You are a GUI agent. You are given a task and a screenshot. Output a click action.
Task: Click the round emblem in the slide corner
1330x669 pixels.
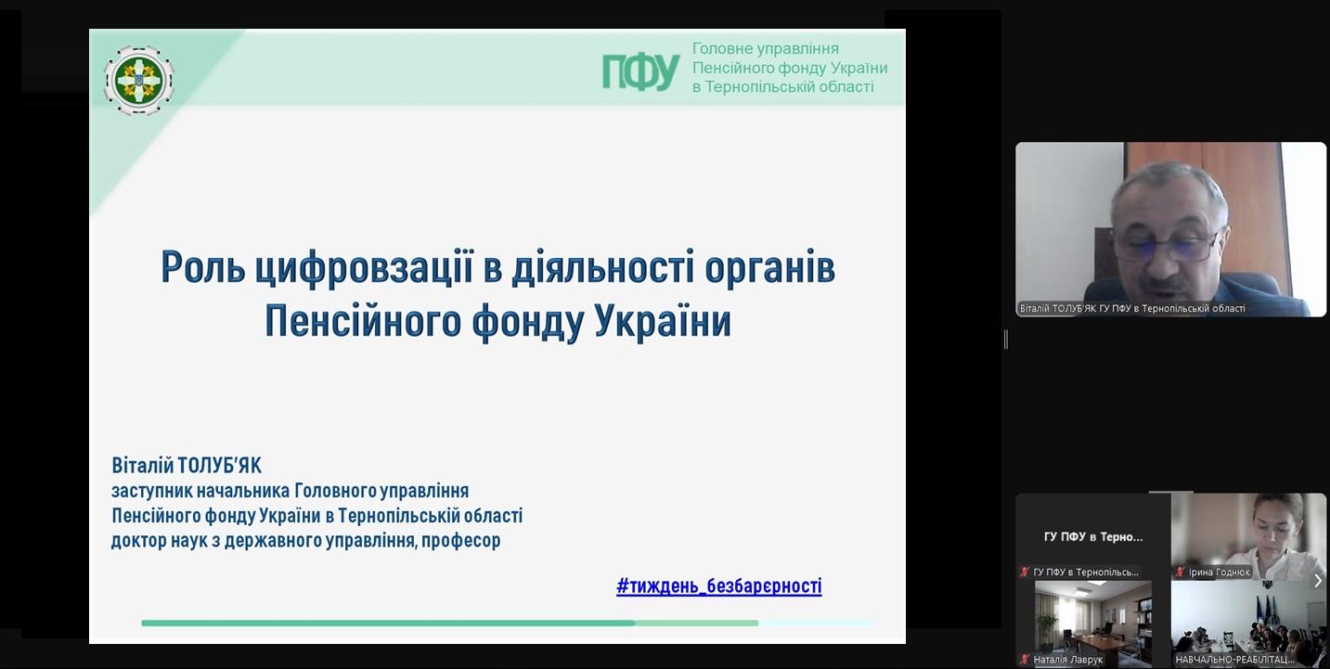[x=138, y=80]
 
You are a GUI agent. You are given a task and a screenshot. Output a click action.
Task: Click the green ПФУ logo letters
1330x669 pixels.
[x=641, y=71]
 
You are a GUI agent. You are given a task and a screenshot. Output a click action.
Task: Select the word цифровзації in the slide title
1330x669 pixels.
[x=365, y=268]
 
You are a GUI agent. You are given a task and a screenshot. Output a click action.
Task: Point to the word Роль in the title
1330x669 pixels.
[x=203, y=268]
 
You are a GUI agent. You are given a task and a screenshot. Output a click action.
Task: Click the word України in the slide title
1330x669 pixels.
[x=664, y=321]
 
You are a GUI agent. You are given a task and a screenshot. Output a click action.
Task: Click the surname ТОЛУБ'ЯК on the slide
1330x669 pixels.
[x=220, y=466]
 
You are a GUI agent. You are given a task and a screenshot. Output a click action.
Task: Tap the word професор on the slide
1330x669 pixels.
[x=461, y=541]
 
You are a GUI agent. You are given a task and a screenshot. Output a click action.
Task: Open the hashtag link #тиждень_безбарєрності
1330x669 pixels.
[x=719, y=585]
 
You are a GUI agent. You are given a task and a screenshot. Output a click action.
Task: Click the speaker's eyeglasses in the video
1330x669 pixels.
[x=1165, y=247]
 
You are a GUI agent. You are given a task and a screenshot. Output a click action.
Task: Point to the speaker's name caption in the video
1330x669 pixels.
[x=1132, y=309]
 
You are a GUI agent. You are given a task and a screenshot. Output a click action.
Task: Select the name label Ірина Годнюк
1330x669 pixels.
[x=1220, y=573]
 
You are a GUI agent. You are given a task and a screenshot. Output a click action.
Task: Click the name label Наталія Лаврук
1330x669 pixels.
[x=1067, y=660]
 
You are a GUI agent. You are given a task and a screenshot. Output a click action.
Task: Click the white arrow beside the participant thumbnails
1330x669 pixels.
[x=1318, y=580]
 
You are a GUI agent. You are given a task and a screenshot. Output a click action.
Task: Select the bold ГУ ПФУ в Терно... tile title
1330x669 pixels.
[x=1093, y=537]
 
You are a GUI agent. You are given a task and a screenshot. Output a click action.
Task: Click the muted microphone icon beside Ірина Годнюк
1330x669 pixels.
[x=1180, y=573]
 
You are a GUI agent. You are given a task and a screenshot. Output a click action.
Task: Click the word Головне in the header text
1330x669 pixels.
[x=719, y=48]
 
